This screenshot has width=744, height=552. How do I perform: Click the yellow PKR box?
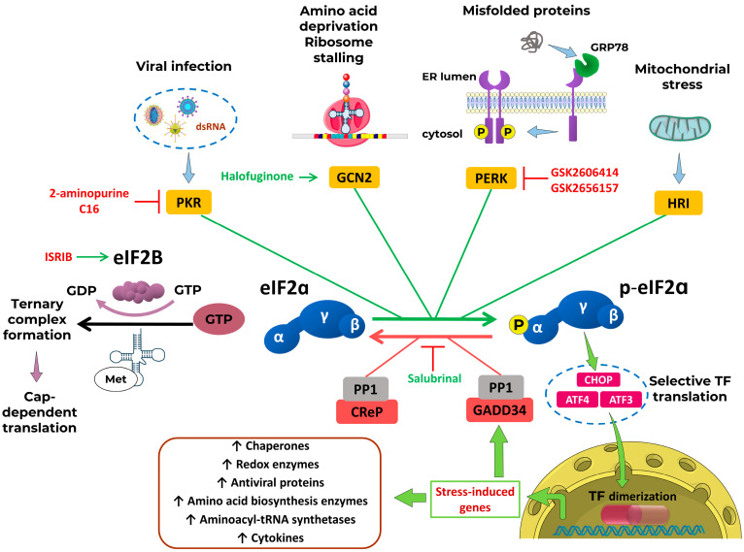[188, 203]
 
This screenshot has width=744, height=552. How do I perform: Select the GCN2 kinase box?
[354, 178]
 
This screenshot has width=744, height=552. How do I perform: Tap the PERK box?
[491, 179]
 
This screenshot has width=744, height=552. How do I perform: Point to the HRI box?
[678, 204]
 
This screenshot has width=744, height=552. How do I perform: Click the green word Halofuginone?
[257, 177]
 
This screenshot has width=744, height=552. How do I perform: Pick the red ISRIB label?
[58, 257]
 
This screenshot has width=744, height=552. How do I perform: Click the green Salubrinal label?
[434, 378]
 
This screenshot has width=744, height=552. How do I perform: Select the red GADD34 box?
[499, 409]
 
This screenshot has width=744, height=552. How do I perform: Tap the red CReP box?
[367, 411]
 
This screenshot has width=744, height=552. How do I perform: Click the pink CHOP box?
[598, 380]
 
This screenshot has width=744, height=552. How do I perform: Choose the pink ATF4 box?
[577, 400]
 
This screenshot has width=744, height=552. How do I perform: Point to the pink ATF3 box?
[621, 400]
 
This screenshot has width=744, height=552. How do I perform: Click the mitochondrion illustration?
[680, 128]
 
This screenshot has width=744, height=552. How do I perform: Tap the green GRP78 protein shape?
[587, 64]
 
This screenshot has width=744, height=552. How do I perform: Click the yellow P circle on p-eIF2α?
[518, 325]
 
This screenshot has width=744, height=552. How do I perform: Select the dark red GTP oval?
[219, 319]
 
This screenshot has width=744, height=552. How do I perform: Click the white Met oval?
[116, 379]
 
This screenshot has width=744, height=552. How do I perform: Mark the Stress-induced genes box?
[475, 500]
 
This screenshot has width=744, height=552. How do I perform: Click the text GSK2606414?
[585, 172]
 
